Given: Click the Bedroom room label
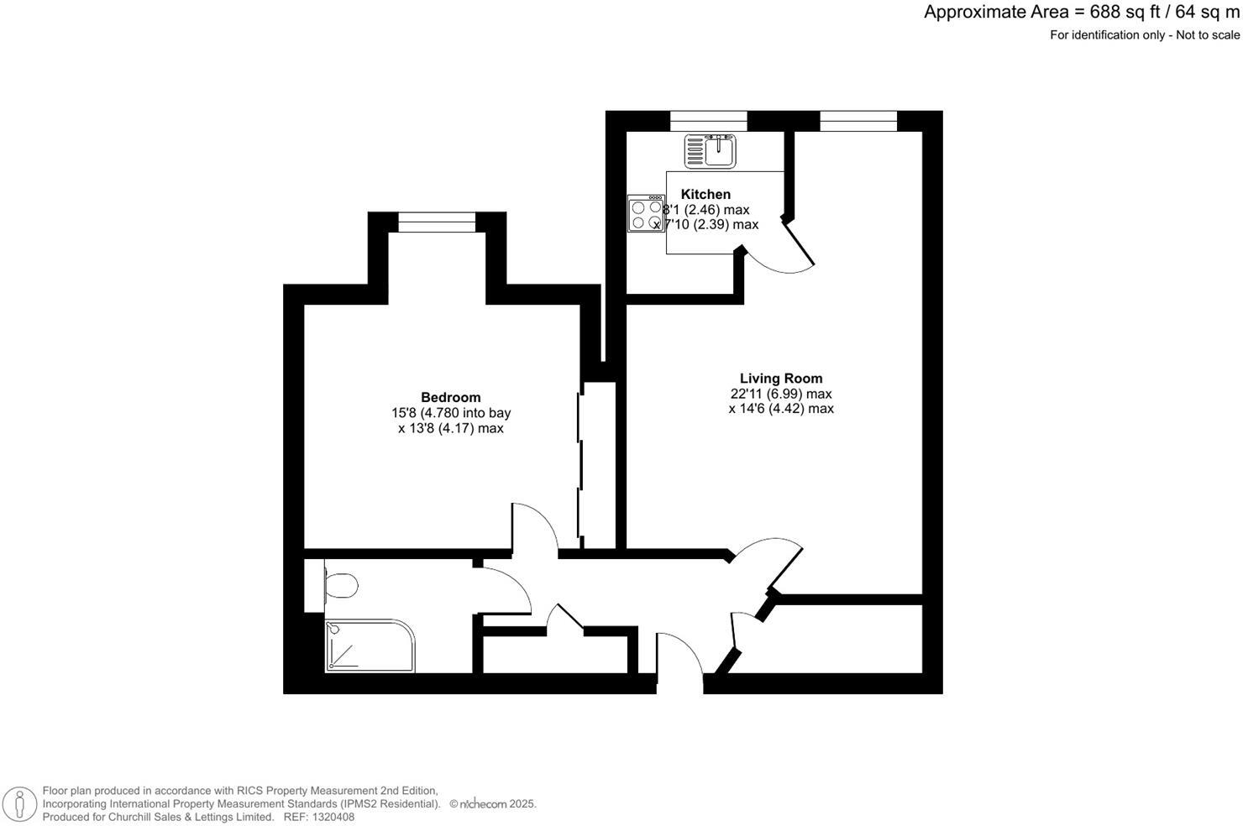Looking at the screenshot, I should pyautogui.click(x=450, y=397).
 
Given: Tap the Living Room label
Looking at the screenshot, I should pyautogui.click(x=781, y=379).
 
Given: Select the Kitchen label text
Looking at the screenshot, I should pyautogui.click(x=705, y=194).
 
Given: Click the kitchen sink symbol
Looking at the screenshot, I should pyautogui.click(x=711, y=151).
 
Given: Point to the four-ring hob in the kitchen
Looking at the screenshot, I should pyautogui.click(x=646, y=214).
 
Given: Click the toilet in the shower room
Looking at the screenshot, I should pyautogui.click(x=340, y=585).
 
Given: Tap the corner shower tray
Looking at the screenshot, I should pyautogui.click(x=370, y=646).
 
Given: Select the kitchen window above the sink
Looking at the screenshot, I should pyautogui.click(x=708, y=122).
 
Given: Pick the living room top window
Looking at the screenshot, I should pyautogui.click(x=858, y=122).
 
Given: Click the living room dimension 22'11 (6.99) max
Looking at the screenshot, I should pyautogui.click(x=781, y=394).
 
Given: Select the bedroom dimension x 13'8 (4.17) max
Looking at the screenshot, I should pyautogui.click(x=450, y=428).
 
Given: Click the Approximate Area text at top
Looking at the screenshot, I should pyautogui.click(x=1081, y=12).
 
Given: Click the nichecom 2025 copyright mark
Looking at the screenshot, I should pyautogui.click(x=493, y=804).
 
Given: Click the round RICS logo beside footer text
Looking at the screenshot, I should pyautogui.click(x=19, y=804).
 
